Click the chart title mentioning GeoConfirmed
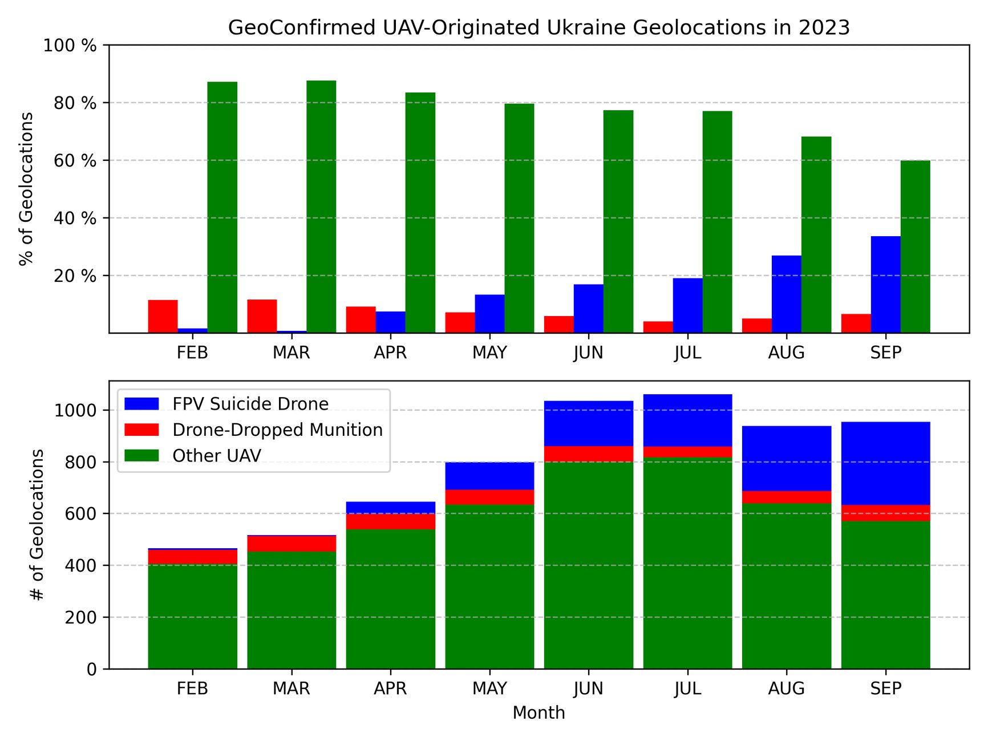(x=538, y=27)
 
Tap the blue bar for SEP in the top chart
(x=885, y=284)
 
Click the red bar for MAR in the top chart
(x=262, y=316)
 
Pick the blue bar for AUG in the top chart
(x=786, y=294)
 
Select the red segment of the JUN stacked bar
(x=588, y=453)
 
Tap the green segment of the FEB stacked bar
(x=192, y=616)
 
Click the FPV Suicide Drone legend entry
(x=250, y=404)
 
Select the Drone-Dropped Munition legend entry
(x=277, y=430)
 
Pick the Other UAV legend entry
(x=217, y=456)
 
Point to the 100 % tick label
(x=70, y=46)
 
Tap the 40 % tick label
(x=75, y=218)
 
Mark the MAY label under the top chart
(x=489, y=353)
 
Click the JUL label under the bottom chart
(x=687, y=689)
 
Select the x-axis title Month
(x=538, y=712)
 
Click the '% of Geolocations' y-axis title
(x=26, y=189)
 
